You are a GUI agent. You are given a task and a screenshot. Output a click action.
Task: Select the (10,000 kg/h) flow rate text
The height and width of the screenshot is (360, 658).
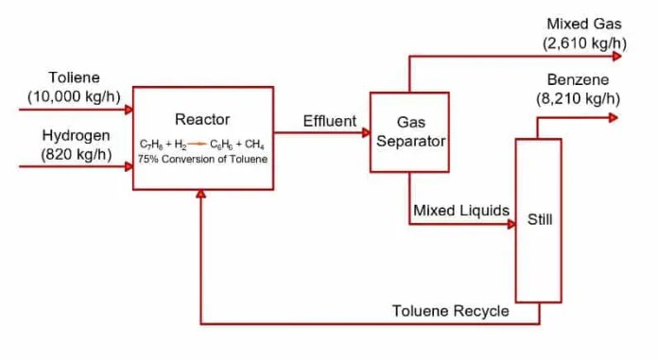[x=75, y=95]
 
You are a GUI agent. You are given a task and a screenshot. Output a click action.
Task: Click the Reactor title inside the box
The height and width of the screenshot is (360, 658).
[x=202, y=119]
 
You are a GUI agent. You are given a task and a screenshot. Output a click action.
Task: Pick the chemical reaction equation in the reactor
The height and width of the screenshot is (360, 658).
[x=202, y=144]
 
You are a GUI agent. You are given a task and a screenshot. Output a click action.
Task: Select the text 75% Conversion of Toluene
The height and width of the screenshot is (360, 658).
[x=202, y=159]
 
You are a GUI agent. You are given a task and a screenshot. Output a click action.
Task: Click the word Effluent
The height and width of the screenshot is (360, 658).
[x=330, y=121]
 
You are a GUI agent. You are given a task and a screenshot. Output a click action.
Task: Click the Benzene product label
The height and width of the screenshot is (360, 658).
[x=578, y=79]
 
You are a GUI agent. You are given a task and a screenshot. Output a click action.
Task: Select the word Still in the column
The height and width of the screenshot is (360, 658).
[x=540, y=220]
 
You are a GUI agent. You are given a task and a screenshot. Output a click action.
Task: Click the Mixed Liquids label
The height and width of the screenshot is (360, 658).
[x=461, y=210]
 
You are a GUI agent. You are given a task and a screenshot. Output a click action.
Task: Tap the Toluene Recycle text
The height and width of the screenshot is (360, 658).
[x=450, y=311]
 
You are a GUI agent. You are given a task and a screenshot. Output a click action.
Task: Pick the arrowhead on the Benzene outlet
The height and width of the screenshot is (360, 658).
[x=614, y=117]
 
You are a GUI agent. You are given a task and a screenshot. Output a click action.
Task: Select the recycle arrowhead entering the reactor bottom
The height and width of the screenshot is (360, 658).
[x=200, y=194]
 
